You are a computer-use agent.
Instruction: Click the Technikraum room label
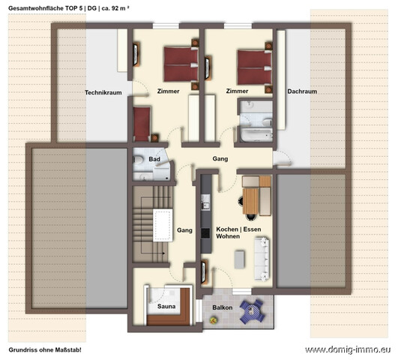pyautogui.click(x=103, y=92)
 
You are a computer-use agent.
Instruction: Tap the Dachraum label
pyautogui.click(x=302, y=91)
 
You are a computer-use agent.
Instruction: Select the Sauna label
pyautogui.click(x=166, y=307)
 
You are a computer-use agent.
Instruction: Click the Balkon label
pyautogui.click(x=223, y=307)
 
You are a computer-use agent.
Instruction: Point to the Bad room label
pyautogui.click(x=154, y=159)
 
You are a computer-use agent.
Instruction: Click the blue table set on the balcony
pyautogui.click(x=252, y=311)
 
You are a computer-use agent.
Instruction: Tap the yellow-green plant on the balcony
pyautogui.click(x=213, y=320)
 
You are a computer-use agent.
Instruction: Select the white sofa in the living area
pyautogui.click(x=262, y=259)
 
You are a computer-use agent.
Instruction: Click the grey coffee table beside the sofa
pyautogui.click(x=239, y=259)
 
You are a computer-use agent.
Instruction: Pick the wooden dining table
pyautogui.click(x=250, y=201)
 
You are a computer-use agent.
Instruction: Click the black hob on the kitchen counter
pyautogui.click(x=205, y=233)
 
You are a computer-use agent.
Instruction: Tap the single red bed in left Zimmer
pyautogui.click(x=142, y=124)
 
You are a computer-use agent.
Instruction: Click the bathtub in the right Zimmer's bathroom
pyautogui.click(x=256, y=135)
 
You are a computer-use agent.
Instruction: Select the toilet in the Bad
pyautogui.click(x=138, y=160)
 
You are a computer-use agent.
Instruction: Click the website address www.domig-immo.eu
pyautogui.click(x=348, y=349)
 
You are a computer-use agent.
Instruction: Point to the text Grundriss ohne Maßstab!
pyautogui.click(x=45, y=349)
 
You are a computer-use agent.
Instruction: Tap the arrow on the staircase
pyautogui.click(x=153, y=253)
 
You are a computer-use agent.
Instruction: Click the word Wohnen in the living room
pyautogui.click(x=228, y=236)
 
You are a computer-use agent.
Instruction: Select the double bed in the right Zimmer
pyautogui.click(x=255, y=67)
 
